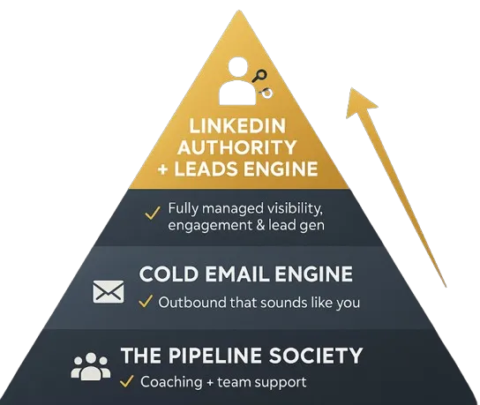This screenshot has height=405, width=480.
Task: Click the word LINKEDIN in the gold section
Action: coord(237,126)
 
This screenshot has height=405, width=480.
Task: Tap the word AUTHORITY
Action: coord(236,147)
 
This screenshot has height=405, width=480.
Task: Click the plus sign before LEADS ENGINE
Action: coord(163,169)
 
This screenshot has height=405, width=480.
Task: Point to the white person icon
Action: coord(238,82)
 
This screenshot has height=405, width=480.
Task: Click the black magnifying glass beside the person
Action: coord(259,76)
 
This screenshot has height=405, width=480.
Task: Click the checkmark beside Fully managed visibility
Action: coord(153,213)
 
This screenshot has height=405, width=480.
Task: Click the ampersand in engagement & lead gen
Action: coord(259,226)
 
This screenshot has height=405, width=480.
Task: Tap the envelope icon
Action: coord(109,291)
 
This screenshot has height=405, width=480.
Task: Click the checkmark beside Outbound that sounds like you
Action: coord(146,301)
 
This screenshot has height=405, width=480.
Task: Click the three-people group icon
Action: coord(91,367)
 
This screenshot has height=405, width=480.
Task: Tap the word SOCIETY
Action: coord(316,356)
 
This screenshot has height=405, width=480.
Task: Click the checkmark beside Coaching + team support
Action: coord(127,381)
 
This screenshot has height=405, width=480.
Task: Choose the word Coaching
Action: coord(171,382)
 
